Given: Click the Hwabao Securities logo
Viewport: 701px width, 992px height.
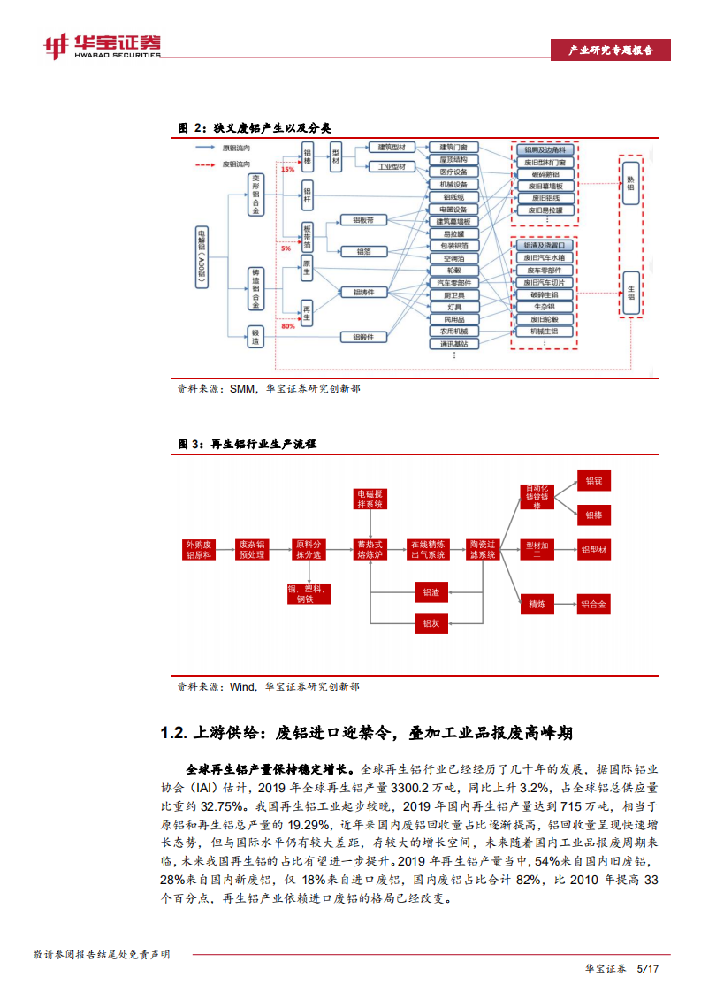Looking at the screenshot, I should (103, 45).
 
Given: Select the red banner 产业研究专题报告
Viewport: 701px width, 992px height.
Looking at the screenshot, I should (609, 50).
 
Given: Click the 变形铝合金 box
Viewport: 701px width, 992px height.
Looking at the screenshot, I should (256, 195).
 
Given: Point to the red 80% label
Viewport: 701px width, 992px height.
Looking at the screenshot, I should (288, 326).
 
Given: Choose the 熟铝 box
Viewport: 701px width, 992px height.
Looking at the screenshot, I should (631, 181).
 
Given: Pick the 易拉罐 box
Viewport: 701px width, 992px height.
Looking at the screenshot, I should (453, 233).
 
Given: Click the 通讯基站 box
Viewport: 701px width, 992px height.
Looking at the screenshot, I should (453, 343).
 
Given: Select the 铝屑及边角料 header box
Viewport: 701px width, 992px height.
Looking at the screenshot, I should (545, 150).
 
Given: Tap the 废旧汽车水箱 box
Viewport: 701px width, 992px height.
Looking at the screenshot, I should (545, 257).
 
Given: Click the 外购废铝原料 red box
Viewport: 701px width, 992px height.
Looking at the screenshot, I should (199, 549).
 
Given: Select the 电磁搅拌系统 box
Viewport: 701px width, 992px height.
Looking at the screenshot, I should (370, 498).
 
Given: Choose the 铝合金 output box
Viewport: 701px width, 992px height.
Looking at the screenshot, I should (594, 605).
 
